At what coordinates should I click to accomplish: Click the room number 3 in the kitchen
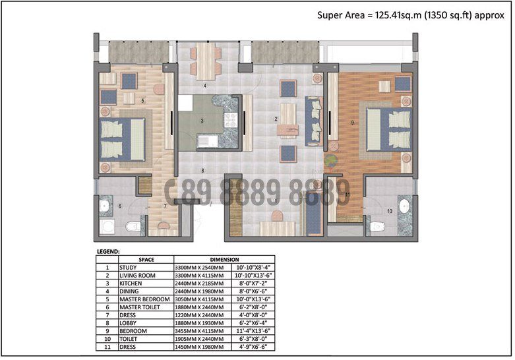(x=202, y=121)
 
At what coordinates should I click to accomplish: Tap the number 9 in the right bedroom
(x=353, y=123)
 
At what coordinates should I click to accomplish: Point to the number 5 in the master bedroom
(x=142, y=101)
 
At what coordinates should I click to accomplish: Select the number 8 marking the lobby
(x=202, y=171)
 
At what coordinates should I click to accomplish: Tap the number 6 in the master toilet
(x=120, y=206)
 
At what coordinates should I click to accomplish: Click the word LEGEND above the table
(x=107, y=251)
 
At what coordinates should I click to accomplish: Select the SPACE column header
(x=146, y=260)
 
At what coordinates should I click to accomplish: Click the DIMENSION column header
(x=224, y=260)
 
